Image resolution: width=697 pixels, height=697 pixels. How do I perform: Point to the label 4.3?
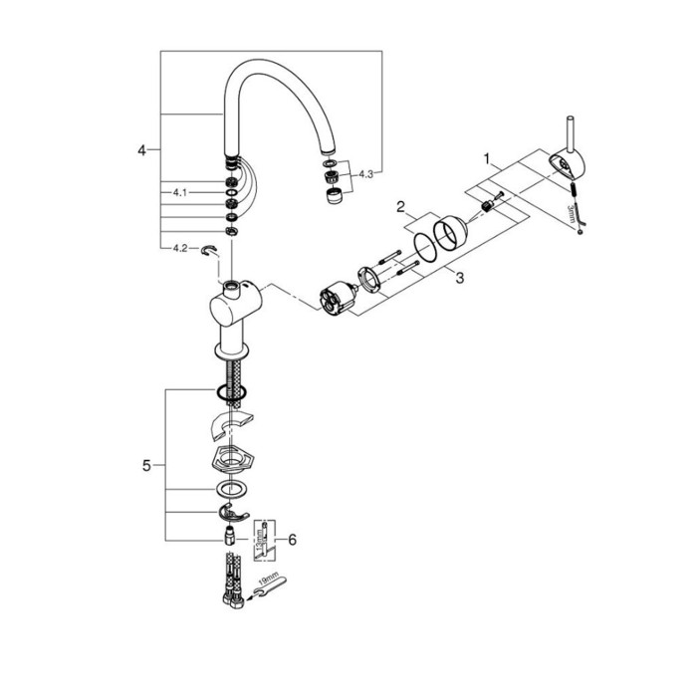pos(364,174)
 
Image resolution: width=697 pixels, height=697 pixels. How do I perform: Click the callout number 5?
pos(146,465)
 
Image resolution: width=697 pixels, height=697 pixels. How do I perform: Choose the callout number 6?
pos(292,539)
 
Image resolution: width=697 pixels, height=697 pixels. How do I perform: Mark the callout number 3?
pos(460,280)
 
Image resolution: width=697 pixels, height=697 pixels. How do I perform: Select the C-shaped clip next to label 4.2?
pos(210,252)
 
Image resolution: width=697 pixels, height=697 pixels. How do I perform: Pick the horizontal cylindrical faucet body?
pos(237,297)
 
